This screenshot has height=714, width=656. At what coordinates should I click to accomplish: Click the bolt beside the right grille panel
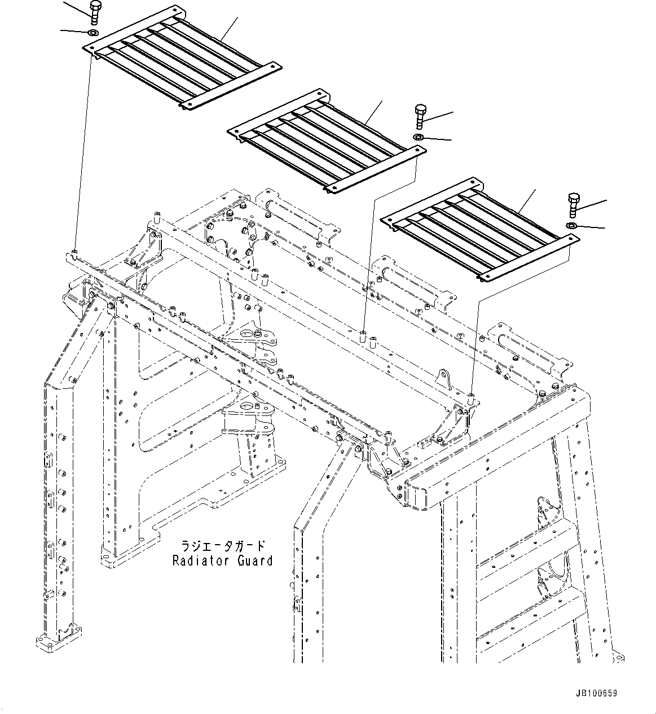573,204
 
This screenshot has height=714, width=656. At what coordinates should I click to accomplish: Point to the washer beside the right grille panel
571,226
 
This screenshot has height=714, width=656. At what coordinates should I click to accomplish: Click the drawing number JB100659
597,693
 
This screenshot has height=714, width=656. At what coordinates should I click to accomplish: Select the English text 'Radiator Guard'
222,560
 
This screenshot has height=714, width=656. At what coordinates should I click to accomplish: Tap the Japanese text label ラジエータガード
222,546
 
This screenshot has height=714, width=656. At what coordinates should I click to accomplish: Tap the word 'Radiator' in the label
200,560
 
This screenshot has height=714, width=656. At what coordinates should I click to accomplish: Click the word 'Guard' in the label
254,560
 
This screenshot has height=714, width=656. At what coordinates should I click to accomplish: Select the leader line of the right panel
527,201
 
